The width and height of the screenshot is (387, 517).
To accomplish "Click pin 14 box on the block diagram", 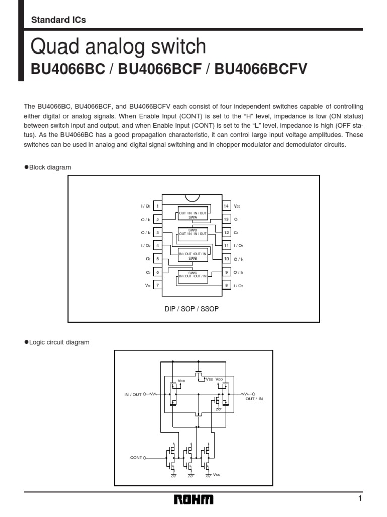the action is tap(227, 206).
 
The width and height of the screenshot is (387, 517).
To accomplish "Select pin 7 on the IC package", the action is tap(157, 285).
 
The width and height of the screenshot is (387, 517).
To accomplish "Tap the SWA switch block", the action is tap(192, 214).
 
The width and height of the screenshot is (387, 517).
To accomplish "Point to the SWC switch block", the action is tap(192, 274).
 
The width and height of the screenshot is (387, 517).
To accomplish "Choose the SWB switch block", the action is tap(192, 255).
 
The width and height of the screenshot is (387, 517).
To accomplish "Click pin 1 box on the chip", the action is tap(157, 206).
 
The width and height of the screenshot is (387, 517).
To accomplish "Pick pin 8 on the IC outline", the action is tap(227, 285).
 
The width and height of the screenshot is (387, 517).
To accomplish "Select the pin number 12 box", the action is tap(227, 233).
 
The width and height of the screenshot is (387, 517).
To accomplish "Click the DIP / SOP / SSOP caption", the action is tap(191, 308).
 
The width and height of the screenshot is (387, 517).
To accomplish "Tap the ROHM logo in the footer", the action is tap(194, 500).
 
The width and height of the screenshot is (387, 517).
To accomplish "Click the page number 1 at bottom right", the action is tap(360, 499).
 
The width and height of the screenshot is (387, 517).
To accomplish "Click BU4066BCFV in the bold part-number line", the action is tap(261, 69).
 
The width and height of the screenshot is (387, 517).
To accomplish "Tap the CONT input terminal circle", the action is tap(145, 458).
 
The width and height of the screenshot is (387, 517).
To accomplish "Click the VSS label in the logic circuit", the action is tap(216, 475).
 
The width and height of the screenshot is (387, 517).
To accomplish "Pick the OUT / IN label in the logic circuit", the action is tap(254, 399).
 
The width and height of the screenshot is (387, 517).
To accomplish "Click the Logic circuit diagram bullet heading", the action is tap(56, 342).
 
